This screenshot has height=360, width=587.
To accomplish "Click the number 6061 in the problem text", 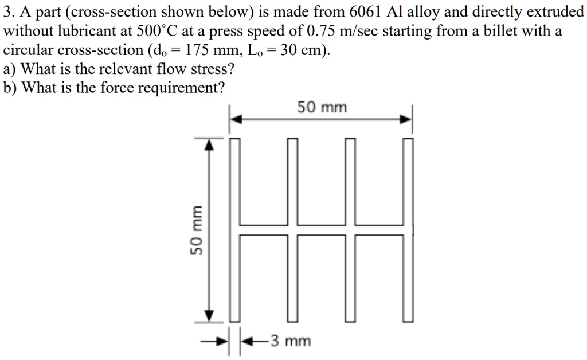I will (365, 11).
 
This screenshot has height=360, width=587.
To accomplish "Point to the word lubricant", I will (96, 30).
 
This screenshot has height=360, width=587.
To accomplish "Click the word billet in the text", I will (513, 30).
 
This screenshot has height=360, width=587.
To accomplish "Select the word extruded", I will (554, 11).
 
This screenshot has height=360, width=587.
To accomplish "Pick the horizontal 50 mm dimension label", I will (322, 107).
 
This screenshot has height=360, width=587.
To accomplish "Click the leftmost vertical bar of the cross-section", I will (234, 229).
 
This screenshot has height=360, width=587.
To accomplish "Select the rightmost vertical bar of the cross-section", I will (409, 229).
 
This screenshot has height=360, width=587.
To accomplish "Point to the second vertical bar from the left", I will (292, 229).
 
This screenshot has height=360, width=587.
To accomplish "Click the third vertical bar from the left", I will (351, 229).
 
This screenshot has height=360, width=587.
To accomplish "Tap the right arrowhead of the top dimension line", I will (405, 120).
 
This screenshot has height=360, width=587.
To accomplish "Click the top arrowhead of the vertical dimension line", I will (210, 144).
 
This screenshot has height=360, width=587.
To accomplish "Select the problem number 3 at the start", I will (7, 11).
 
